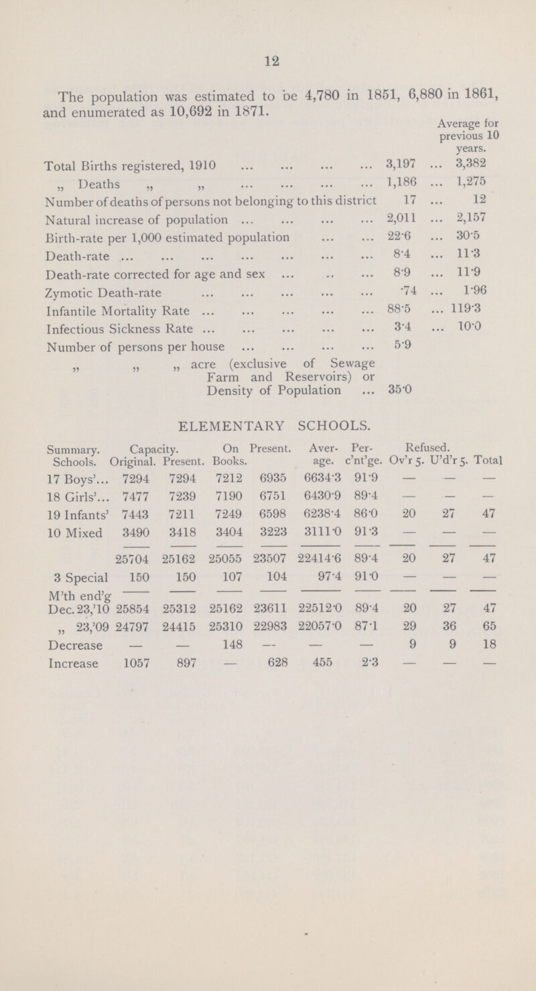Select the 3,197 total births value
pyautogui.click(x=397, y=162)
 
